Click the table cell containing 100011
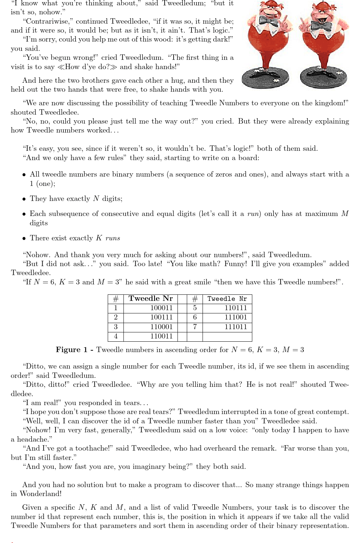(161, 308)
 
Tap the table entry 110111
(236, 308)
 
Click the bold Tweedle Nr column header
(151, 299)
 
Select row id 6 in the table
(195, 317)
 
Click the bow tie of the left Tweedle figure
(269, 20)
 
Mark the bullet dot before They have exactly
(24, 199)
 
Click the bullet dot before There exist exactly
(24, 239)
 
